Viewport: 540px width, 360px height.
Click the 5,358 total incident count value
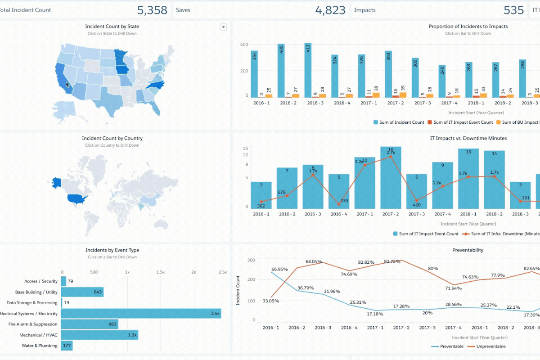[x=152, y=10]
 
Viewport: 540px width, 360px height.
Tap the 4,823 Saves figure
[x=330, y=10]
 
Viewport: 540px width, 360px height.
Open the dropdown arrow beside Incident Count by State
[x=223, y=27]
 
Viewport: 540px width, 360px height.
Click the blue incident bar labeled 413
[x=308, y=70]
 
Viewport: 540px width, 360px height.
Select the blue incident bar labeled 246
[x=442, y=81]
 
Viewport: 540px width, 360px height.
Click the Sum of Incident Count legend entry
[x=399, y=122]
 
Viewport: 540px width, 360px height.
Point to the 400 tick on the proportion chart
[x=244, y=45]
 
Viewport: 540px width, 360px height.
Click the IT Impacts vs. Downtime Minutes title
[x=468, y=138]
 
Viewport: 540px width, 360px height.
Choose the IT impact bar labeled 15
[x=468, y=178]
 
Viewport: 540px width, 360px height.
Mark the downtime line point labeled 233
[x=338, y=198]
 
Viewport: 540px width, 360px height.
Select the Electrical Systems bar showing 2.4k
[x=140, y=314]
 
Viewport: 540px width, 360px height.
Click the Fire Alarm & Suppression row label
[x=33, y=324]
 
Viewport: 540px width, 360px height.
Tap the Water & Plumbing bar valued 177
[x=67, y=346]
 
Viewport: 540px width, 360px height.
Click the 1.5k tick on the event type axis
[x=160, y=272]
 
